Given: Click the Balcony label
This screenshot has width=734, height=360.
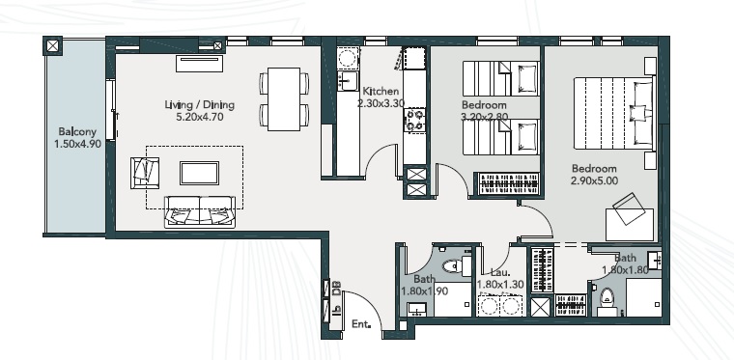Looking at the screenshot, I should coord(76,131).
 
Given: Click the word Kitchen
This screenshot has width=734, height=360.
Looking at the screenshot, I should coord(379,91).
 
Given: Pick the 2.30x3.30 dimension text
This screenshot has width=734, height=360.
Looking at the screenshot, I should coord(379,103).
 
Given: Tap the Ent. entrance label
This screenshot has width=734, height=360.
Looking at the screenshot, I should coord(362,324).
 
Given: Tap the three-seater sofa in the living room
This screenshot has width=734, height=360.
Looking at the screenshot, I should coord(200,210).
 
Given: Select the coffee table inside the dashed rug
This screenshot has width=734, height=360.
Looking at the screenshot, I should coord(200,172).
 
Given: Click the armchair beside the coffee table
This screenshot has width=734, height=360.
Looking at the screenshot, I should coord(144,172).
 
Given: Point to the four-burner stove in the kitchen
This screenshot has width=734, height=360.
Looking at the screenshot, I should coord(415,121).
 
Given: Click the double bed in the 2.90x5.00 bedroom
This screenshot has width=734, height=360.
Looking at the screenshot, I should coord(611,112).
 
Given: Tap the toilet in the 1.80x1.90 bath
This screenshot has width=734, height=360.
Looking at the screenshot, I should coord(451,265).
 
